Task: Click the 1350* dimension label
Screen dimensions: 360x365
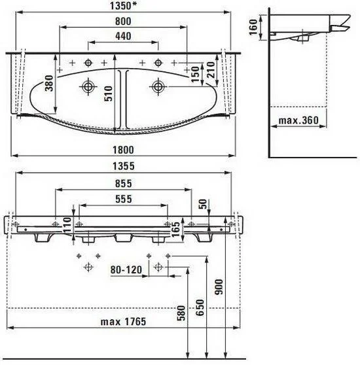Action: click(x=123, y=6)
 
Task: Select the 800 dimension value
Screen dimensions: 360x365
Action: click(x=123, y=21)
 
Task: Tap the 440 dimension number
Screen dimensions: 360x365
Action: click(x=123, y=36)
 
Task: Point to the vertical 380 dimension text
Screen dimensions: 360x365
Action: click(x=49, y=83)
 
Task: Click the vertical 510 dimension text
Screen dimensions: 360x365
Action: click(x=108, y=94)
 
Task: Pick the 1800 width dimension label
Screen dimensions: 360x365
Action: click(x=124, y=150)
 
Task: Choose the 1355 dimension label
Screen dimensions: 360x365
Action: click(x=124, y=166)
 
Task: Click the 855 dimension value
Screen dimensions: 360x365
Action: click(x=124, y=183)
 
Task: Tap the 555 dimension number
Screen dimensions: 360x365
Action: click(x=124, y=199)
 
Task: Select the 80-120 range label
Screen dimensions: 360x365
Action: click(x=126, y=269)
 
